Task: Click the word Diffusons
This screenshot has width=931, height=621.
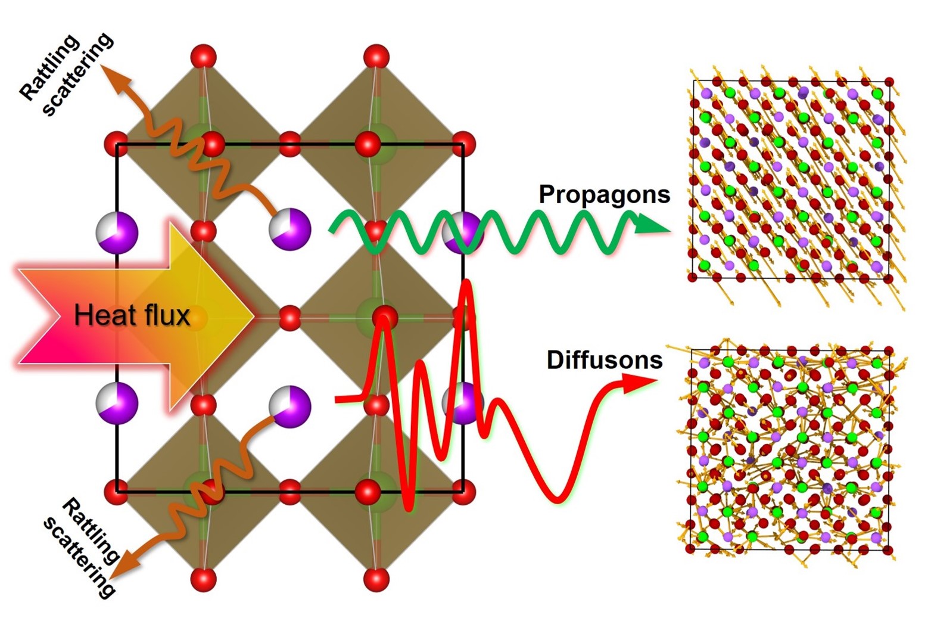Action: click(604, 361)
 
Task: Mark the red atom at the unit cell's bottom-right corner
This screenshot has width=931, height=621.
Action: click(463, 492)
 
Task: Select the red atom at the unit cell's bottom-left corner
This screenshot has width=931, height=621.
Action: click(117, 492)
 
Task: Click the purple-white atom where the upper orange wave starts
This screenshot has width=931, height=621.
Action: click(290, 230)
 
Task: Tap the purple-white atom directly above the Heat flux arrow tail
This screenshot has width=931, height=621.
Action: click(117, 232)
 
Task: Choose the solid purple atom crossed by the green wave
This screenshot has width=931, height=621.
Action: click(462, 232)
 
